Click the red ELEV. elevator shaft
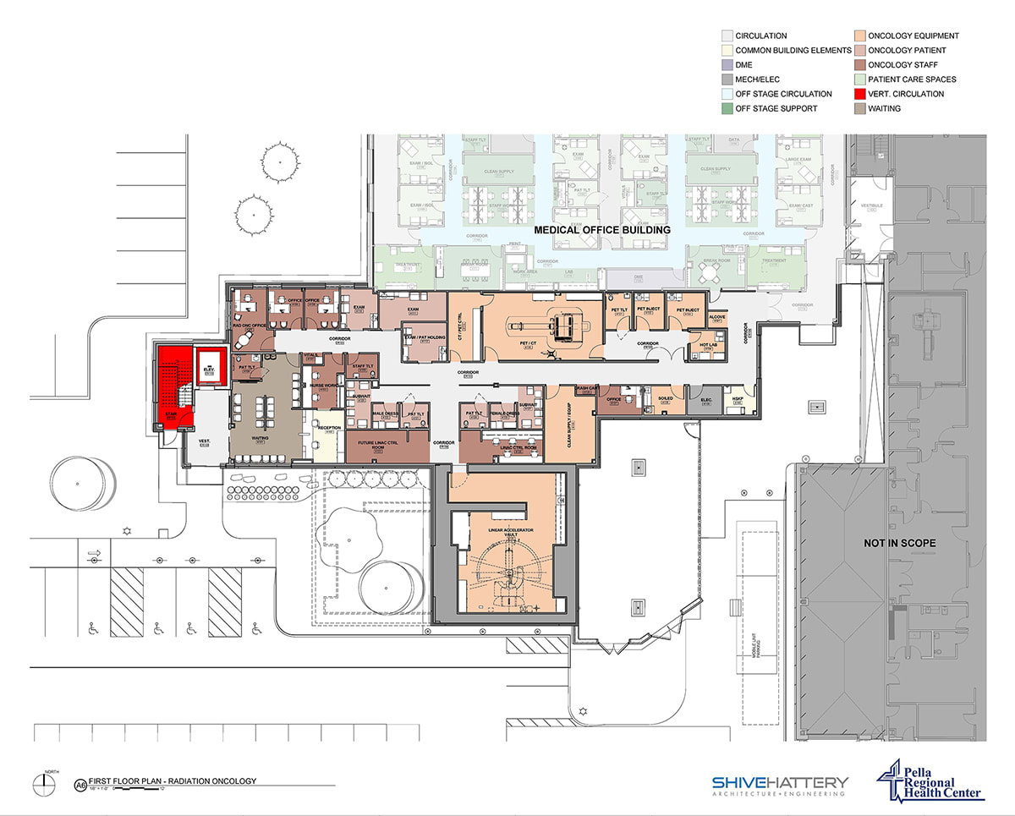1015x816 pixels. (x=208, y=365)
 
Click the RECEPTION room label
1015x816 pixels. (x=329, y=428)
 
